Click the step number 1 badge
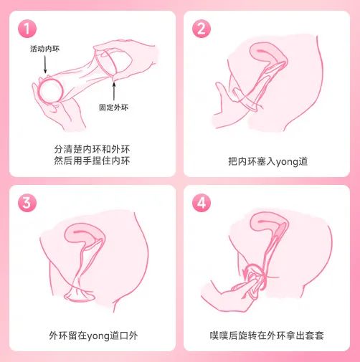point(27,29)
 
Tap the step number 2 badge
point(202,29)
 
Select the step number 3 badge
point(27,203)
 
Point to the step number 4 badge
point(202,203)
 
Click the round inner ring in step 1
point(50,92)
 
